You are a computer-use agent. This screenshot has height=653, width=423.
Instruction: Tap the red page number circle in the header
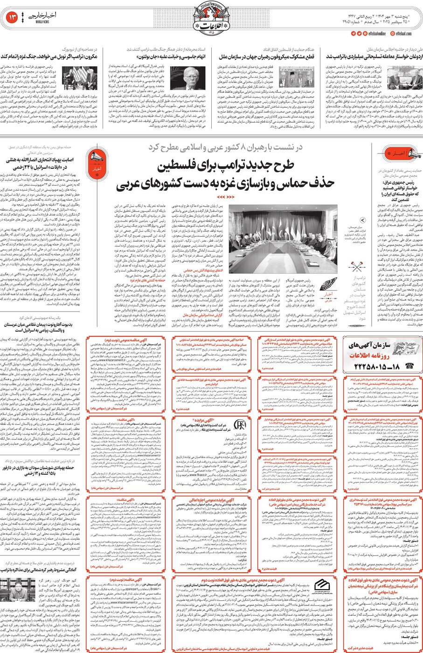[x=12, y=18]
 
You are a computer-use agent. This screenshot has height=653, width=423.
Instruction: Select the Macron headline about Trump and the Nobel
[x=49, y=56]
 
